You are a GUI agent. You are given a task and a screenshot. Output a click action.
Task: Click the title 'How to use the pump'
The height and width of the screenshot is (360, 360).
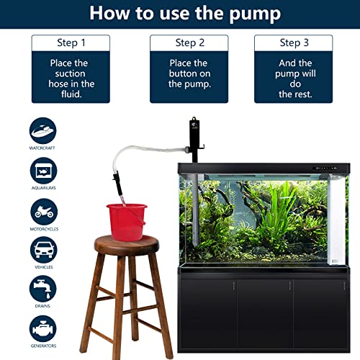click(x=180, y=14)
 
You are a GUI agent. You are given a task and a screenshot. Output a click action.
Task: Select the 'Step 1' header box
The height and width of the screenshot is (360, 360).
click(x=71, y=43)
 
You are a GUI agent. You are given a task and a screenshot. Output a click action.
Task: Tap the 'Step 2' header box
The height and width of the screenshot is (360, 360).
click(x=189, y=43)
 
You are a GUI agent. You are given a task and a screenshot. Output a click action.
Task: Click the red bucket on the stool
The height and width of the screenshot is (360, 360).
click(x=127, y=219)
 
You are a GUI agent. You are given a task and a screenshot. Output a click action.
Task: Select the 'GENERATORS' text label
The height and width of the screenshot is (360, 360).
click(x=43, y=346)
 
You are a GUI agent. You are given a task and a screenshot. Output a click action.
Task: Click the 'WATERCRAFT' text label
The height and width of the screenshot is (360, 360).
click(x=43, y=149)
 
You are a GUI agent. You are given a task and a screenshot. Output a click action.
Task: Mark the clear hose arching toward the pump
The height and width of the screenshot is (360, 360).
click(x=144, y=149)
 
